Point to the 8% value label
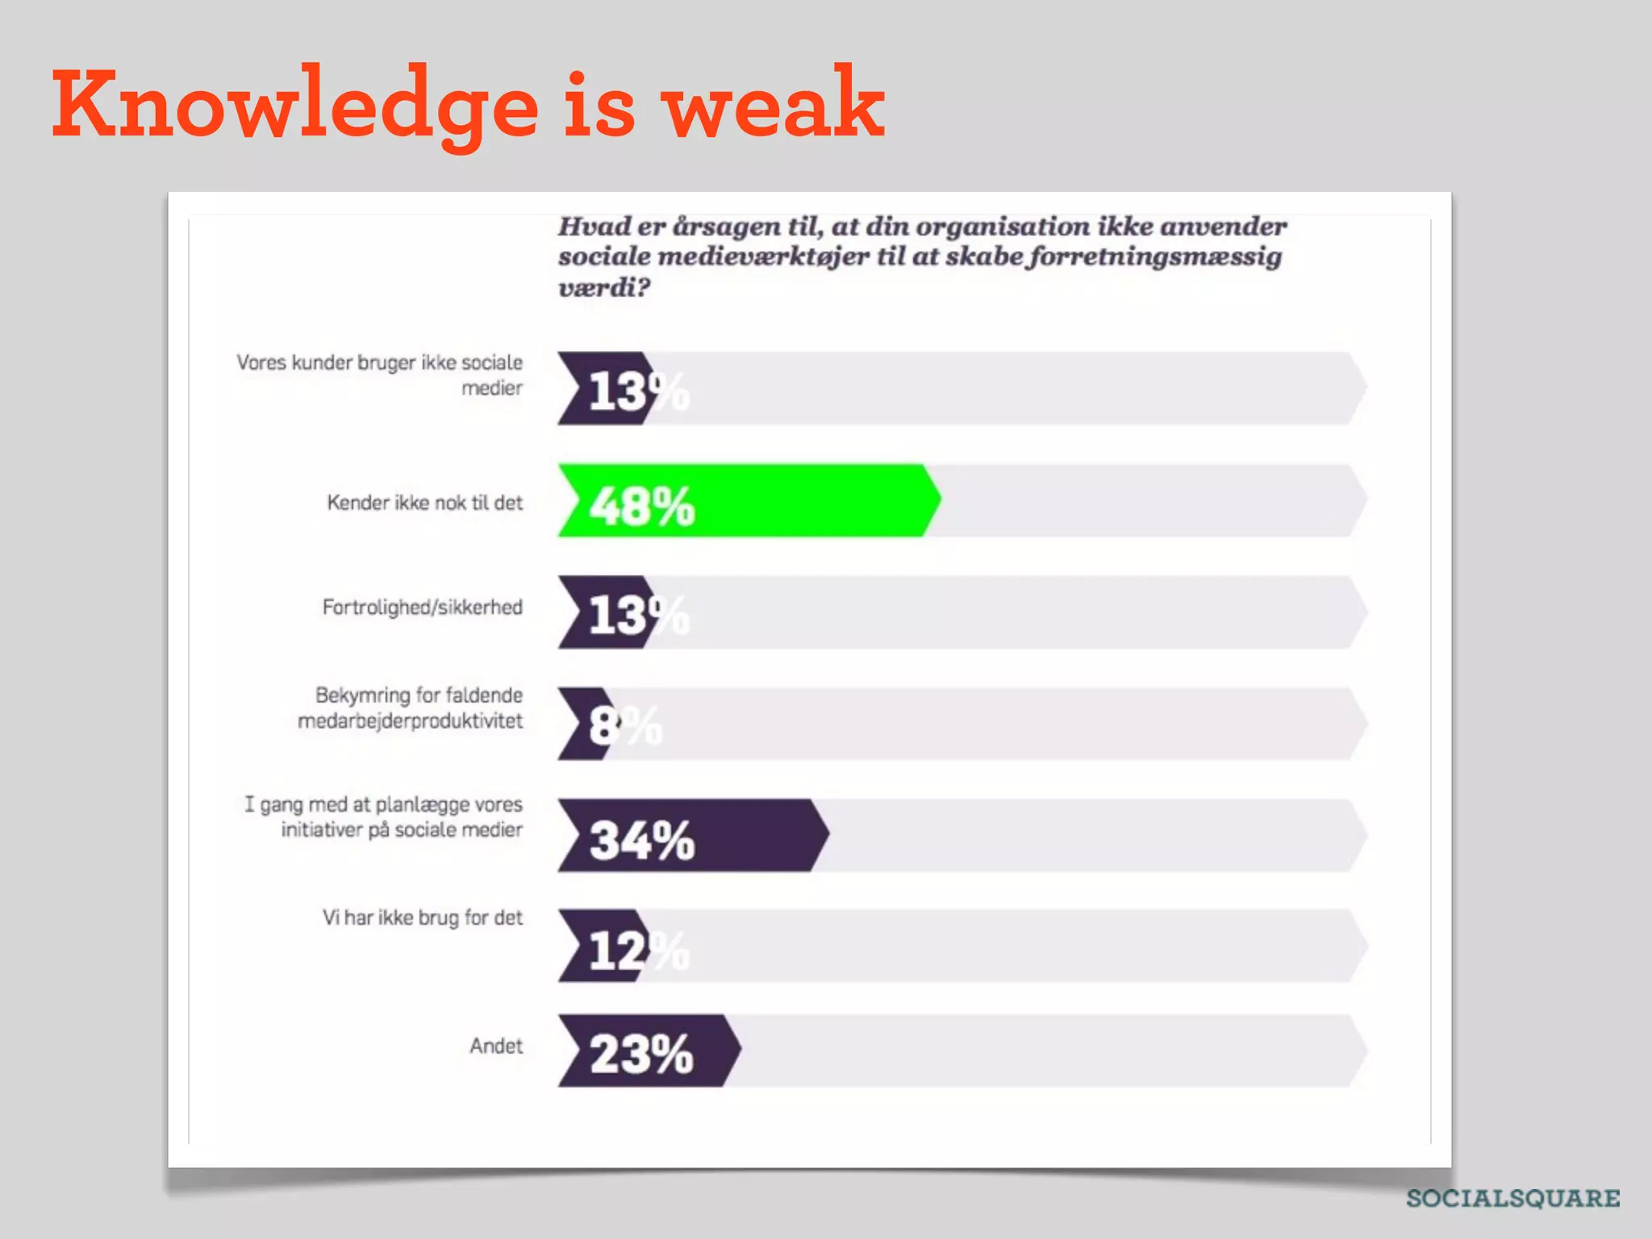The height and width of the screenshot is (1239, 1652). (x=624, y=724)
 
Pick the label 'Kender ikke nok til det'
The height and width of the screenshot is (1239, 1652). (x=424, y=503)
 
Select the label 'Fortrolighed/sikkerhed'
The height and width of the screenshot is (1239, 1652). (x=422, y=607)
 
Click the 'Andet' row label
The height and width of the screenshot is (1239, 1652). (x=496, y=1046)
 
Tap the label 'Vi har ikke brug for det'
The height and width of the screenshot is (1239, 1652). (x=422, y=918)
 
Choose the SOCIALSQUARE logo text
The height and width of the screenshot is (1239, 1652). (x=1512, y=1199)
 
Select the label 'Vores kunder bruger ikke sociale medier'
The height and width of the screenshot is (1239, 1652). (x=380, y=375)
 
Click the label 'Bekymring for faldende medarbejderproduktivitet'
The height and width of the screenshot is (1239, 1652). (x=411, y=707)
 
